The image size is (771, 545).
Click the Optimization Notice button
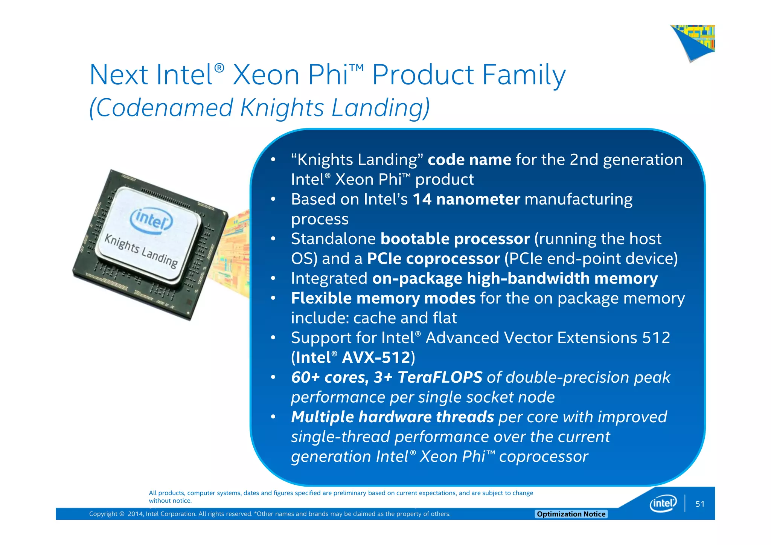pos(571,514)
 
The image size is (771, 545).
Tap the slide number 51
pos(700,504)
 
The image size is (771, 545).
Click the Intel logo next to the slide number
pos(663,503)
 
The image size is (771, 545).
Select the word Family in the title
pos(524,75)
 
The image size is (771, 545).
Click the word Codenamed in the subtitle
pos(165,108)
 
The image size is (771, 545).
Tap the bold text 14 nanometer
pos(466,199)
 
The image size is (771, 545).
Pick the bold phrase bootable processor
pos(455,239)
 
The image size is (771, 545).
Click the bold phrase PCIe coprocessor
pos(433,259)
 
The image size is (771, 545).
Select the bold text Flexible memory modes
pos(383,298)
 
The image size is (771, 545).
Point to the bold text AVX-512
pos(376,357)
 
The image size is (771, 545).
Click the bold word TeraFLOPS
pos(440,377)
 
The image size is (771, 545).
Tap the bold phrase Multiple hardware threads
pos(392,417)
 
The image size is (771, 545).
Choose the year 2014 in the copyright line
pos(135,514)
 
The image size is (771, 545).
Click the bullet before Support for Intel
pos(273,337)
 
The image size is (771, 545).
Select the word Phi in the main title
pos(328,75)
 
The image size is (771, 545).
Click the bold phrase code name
pos(469,160)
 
